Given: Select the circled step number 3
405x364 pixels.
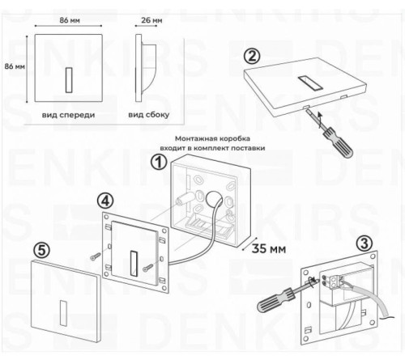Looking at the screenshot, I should [364, 243].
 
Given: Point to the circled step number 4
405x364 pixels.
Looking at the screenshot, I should [105, 199].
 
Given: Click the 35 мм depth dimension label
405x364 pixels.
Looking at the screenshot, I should [271, 248].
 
